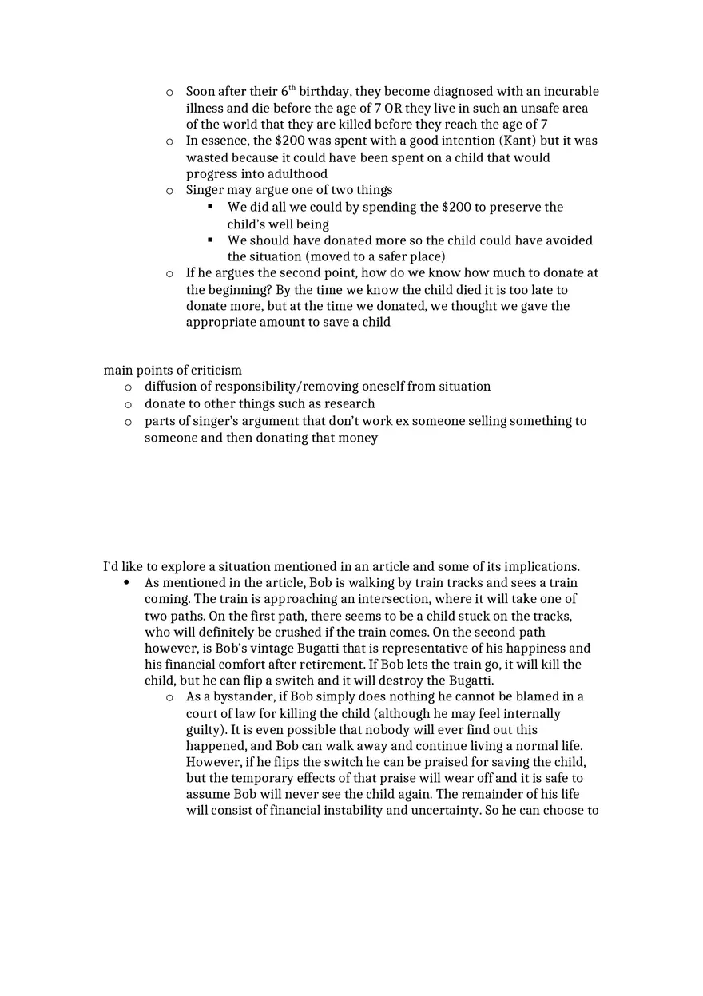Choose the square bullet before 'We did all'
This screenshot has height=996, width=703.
(210, 207)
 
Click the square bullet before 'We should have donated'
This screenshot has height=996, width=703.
(210, 240)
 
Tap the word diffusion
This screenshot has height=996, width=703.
(172, 387)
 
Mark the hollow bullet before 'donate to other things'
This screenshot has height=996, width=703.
(128, 404)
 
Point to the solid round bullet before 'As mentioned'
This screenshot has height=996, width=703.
(127, 583)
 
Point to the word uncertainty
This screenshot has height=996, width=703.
(445, 811)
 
